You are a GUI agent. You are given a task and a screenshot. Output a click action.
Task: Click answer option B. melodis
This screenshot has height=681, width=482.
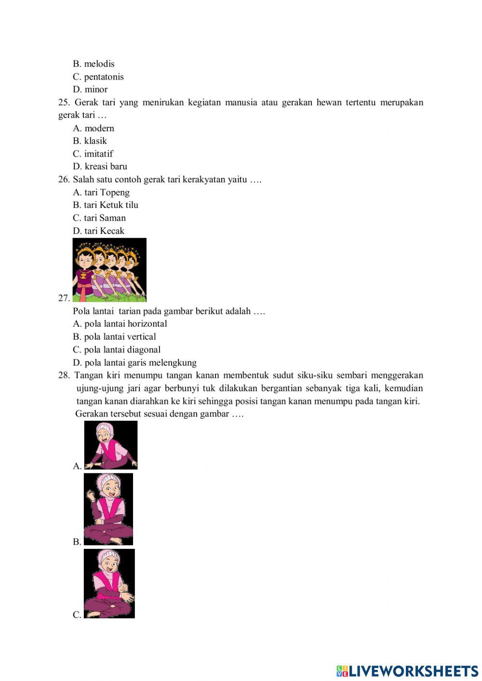click(94, 64)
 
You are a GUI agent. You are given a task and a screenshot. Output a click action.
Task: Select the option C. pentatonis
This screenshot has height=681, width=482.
click(98, 77)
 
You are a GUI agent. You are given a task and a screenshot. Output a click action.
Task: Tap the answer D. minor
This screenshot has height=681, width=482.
click(90, 89)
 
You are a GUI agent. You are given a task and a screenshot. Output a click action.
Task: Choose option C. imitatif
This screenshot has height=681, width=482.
click(93, 154)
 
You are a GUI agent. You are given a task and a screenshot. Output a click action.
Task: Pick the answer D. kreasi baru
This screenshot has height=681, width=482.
click(100, 166)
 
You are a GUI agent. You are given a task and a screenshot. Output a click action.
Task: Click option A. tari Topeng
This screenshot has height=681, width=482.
click(101, 192)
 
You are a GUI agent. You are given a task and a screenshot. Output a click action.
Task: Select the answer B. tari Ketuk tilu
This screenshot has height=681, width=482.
click(106, 205)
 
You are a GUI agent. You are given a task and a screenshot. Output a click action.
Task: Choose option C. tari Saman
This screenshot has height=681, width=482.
click(99, 218)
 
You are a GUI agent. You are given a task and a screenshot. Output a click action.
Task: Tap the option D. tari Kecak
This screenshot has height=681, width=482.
click(99, 231)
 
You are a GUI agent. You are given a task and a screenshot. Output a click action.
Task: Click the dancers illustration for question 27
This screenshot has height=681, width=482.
click(109, 270)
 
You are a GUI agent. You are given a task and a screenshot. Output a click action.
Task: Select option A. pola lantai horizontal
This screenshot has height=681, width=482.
click(120, 324)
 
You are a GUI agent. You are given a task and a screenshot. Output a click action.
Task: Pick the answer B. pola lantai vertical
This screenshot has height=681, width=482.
click(114, 337)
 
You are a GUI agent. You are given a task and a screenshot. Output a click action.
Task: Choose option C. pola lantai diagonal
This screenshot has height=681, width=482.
click(117, 350)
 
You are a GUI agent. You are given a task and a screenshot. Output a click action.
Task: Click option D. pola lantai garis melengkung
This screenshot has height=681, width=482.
click(134, 363)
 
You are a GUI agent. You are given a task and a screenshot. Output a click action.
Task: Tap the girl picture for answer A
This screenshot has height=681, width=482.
click(111, 445)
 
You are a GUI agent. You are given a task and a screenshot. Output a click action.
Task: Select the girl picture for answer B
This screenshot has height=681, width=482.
click(108, 509)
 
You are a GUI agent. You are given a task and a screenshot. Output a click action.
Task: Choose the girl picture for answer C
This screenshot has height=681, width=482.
click(109, 583)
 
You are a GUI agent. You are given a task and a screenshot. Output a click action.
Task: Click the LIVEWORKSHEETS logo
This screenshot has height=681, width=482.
click(407, 670)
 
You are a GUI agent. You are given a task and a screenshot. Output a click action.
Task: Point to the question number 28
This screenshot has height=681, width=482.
click(64, 375)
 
